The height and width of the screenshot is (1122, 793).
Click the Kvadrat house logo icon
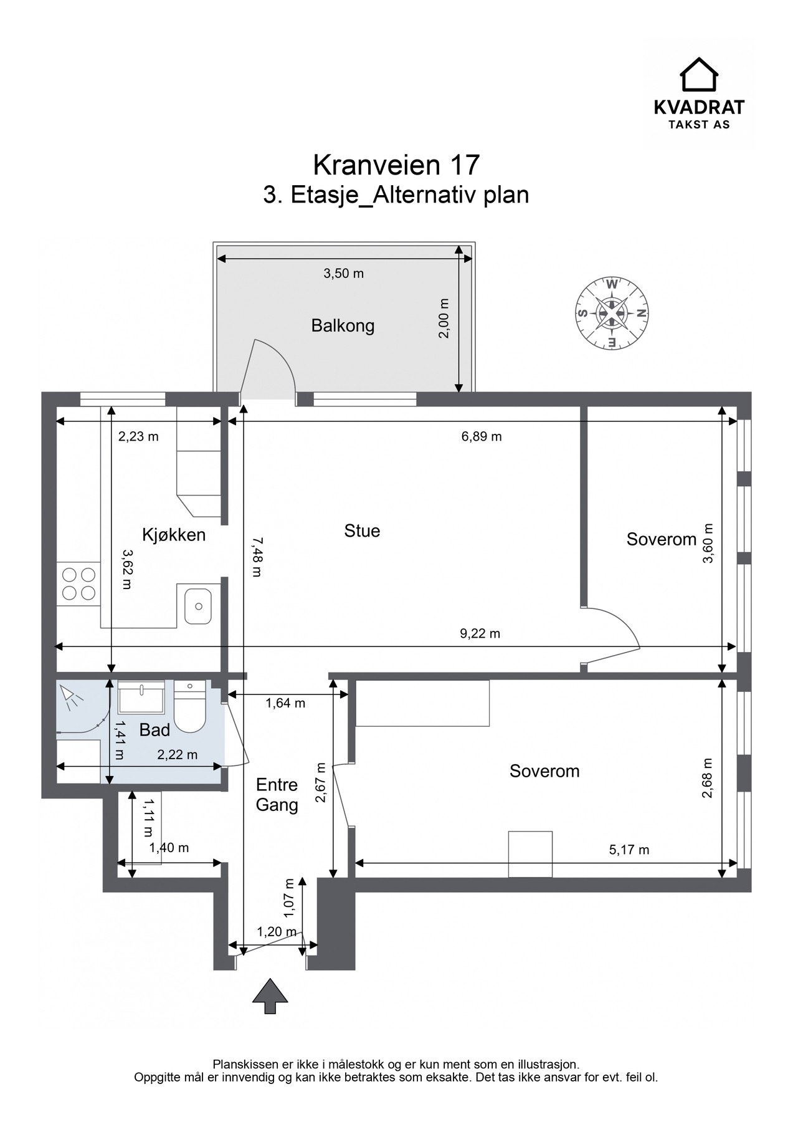click(698, 74)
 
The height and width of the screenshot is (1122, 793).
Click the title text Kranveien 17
click(396, 165)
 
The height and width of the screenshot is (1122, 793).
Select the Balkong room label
click(343, 325)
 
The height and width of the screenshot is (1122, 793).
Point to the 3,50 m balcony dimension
click(343, 273)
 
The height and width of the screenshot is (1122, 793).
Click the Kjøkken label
click(174, 535)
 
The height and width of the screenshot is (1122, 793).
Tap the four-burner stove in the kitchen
click(78, 583)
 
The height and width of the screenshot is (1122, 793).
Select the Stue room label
click(362, 531)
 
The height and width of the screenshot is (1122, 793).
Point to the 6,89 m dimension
click(482, 436)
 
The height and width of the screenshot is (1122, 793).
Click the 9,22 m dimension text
click(480, 634)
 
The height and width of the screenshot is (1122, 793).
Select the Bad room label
click(154, 730)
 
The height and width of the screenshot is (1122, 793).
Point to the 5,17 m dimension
click(629, 850)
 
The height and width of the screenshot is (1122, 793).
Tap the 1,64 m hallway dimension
click(285, 703)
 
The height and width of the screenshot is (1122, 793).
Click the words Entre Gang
click(277, 795)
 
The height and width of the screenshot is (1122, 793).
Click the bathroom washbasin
click(142, 697)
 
